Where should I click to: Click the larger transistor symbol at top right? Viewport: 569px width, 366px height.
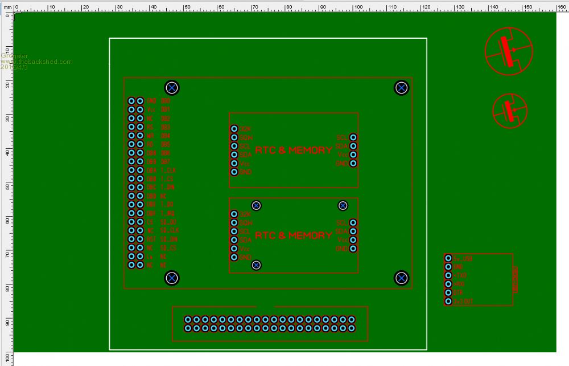click(x=509, y=50)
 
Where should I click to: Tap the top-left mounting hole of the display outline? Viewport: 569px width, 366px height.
click(x=172, y=88)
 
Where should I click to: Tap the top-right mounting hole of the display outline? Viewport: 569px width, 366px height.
click(x=402, y=88)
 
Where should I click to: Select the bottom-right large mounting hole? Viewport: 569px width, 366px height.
click(x=402, y=278)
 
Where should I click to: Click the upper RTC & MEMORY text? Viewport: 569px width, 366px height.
click(x=294, y=151)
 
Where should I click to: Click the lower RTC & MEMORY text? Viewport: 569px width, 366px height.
click(x=294, y=235)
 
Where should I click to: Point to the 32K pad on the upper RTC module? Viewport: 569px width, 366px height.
click(x=234, y=129)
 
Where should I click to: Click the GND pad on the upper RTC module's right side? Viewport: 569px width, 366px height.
click(x=353, y=164)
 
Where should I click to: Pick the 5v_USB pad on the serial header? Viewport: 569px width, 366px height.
click(x=448, y=258)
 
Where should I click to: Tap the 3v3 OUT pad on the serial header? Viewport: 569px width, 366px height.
click(x=448, y=301)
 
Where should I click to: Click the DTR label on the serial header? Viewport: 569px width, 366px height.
click(x=458, y=292)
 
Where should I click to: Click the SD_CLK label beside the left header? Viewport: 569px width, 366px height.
click(x=169, y=230)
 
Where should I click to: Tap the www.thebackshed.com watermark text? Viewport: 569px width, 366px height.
click(x=36, y=62)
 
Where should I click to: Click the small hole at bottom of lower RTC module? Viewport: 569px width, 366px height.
click(x=257, y=265)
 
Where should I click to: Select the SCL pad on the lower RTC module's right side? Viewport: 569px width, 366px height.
click(x=353, y=223)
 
